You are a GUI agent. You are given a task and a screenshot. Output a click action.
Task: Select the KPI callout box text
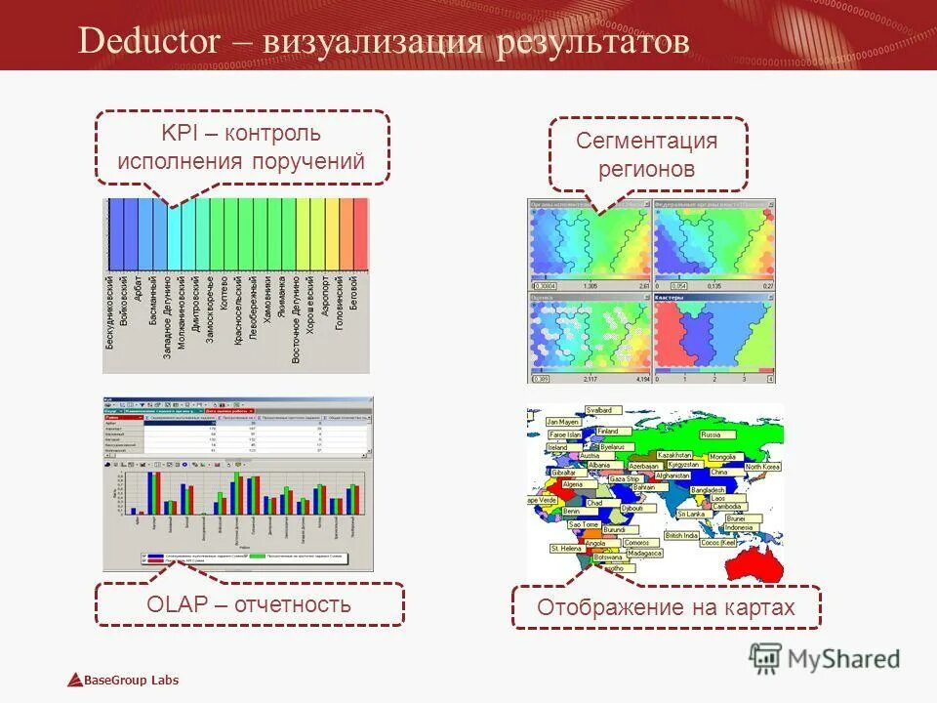(241, 146)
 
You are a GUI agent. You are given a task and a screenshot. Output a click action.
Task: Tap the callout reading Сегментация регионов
(646, 154)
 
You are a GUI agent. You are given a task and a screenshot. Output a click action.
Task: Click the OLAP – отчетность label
(248, 604)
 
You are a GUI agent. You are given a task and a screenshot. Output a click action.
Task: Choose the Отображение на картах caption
(666, 607)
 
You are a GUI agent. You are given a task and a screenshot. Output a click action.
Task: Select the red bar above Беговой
(360, 227)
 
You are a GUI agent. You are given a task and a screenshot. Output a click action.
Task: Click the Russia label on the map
(711, 434)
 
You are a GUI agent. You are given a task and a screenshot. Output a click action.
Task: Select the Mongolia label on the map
(722, 457)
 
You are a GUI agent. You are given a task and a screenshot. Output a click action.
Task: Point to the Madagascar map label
(645, 553)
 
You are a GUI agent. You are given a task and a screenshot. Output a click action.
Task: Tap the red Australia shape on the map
(752, 561)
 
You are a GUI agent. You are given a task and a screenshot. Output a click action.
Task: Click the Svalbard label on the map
(599, 410)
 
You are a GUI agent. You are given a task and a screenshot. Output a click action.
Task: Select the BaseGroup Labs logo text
(132, 681)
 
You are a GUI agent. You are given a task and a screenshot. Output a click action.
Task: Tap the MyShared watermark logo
(825, 658)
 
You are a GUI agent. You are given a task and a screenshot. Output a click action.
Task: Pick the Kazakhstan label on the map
(674, 455)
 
